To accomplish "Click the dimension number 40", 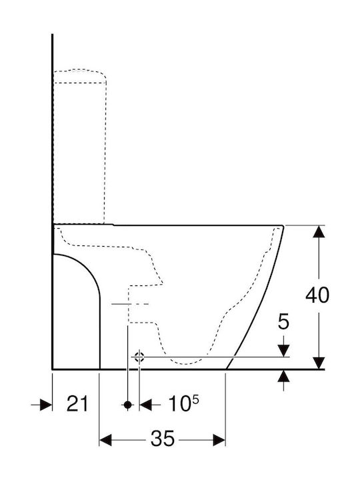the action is (x=317, y=295).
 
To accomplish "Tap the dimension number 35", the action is (x=162, y=439).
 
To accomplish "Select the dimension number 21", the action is (x=77, y=403).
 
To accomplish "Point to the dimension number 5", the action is (x=283, y=322).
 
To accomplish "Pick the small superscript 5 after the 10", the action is (x=195, y=399).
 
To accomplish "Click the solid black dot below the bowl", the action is (x=127, y=405).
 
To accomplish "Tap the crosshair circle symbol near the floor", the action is (x=139, y=357).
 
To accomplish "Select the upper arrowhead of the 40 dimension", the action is (x=319, y=231).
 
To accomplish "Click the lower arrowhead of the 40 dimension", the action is (x=319, y=363).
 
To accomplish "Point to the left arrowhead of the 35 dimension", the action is (x=105, y=440).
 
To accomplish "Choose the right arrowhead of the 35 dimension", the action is (x=219, y=440).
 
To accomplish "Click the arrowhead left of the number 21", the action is (x=46, y=405).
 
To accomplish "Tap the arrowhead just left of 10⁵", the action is (x=146, y=405).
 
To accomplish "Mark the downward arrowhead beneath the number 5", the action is (x=284, y=351).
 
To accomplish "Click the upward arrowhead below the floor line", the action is (x=284, y=376).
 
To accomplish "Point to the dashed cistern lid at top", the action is (x=80, y=76).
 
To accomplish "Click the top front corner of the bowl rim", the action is (x=283, y=226).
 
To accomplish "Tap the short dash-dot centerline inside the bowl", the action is (x=130, y=304).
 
